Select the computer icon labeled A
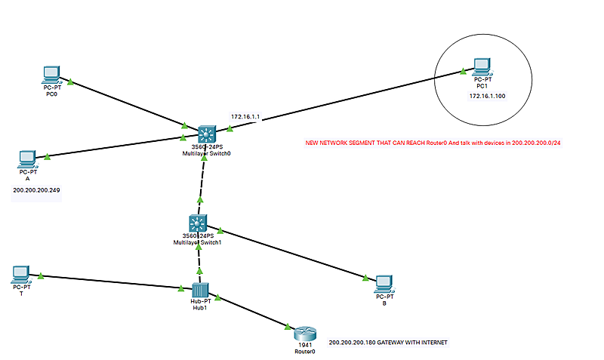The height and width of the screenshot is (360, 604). point(26,159)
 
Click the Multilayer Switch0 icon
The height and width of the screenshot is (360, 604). point(206,134)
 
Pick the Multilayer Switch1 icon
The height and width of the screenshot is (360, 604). point(198,223)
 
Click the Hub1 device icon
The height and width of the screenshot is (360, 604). point(199,290)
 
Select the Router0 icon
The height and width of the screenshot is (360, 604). point(304,334)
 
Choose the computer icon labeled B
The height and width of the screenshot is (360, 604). point(384,282)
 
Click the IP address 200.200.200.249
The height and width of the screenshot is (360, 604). point(37,190)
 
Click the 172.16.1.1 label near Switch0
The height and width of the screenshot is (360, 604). point(245,117)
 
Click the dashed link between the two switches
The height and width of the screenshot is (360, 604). point(201,181)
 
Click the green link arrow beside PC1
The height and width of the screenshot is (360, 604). point(461,73)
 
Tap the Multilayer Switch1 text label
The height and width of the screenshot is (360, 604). point(199,243)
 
